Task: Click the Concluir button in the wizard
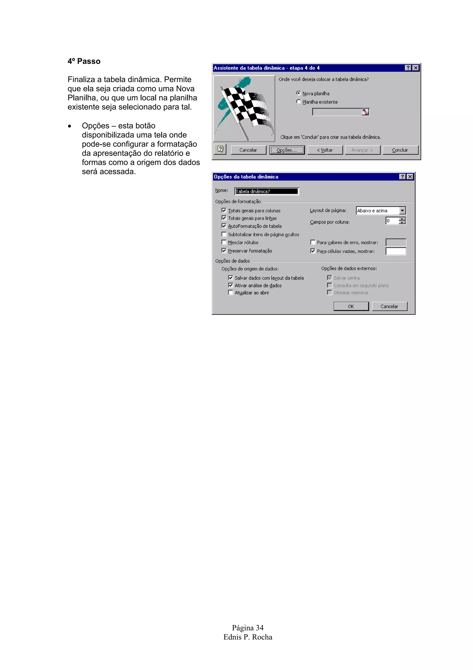click(400, 150)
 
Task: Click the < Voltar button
click(325, 150)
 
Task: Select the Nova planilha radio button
click(298, 93)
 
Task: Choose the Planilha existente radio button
click(298, 101)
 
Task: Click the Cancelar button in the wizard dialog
click(248, 150)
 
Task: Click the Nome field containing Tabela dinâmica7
click(266, 191)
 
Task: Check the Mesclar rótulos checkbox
click(224, 242)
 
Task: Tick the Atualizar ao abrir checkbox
click(230, 292)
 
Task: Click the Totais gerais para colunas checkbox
click(224, 210)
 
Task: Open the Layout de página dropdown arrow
click(403, 210)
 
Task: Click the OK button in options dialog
click(351, 306)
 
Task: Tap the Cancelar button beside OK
click(389, 306)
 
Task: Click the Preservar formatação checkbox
click(224, 251)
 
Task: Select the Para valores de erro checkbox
click(313, 242)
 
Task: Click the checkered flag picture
click(244, 109)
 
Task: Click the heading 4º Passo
click(84, 61)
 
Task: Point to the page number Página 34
click(248, 628)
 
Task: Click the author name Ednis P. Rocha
click(248, 637)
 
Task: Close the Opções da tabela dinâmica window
click(410, 177)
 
